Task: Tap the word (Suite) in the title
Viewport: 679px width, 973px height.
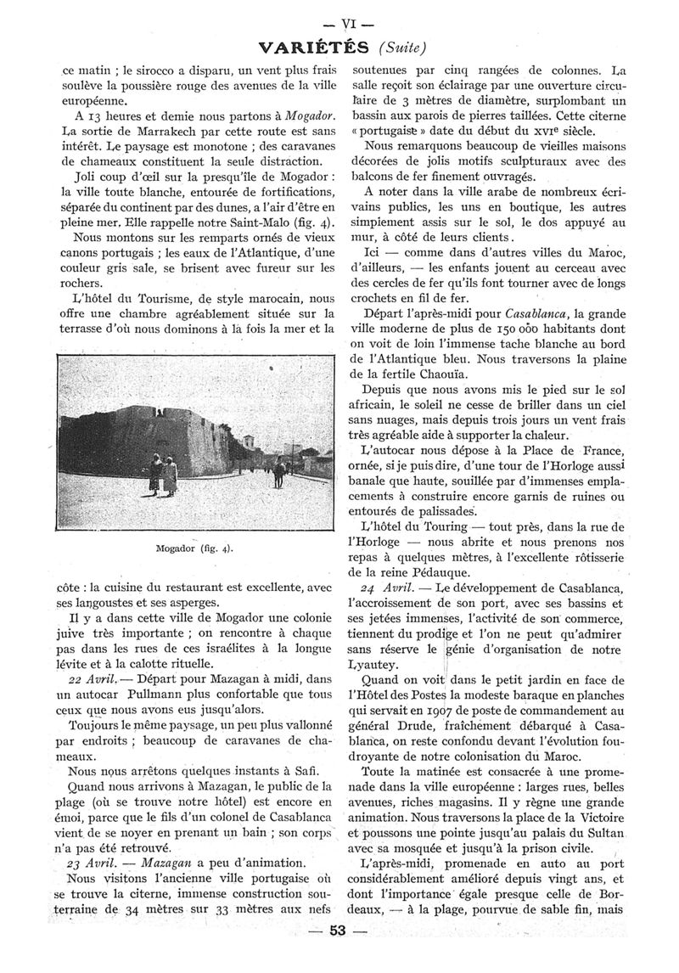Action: pos(401,47)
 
